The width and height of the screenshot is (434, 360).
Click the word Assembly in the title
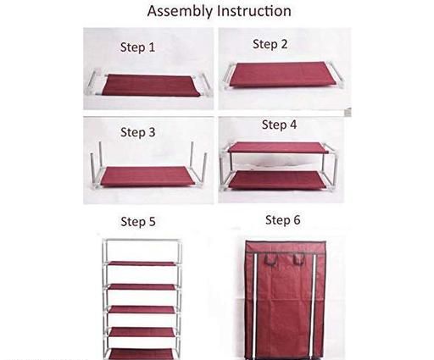[180, 12]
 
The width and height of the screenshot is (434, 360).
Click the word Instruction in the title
[254, 11]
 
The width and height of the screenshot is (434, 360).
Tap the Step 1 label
[138, 47]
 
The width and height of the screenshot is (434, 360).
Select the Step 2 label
[270, 44]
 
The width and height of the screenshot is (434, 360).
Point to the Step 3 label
[138, 132]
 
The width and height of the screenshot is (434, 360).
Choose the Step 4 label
[279, 125]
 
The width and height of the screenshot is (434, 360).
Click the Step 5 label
[138, 221]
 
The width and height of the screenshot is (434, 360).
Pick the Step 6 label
[283, 220]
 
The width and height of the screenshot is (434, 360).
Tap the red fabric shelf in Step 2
[285, 75]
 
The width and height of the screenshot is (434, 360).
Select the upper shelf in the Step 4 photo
[278, 147]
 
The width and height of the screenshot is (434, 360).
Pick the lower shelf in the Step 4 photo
[277, 180]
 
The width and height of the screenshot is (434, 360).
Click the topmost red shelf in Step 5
[142, 263]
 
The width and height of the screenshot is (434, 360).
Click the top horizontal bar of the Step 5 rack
[142, 241]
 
